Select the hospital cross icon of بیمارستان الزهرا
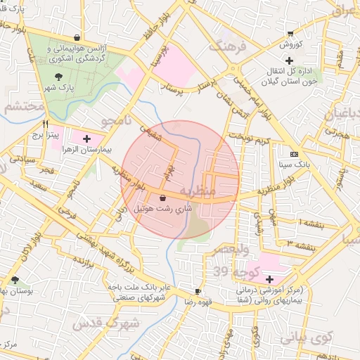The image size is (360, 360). (x=86, y=139)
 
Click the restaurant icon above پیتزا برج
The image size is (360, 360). (x=45, y=122)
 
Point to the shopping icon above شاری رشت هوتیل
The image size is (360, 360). (x=163, y=198)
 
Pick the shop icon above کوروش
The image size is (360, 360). (x=290, y=34)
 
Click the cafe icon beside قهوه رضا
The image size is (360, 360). (x=198, y=291)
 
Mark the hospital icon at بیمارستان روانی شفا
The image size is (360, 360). (x=269, y=279)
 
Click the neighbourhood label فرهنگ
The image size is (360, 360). (x=226, y=47)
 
